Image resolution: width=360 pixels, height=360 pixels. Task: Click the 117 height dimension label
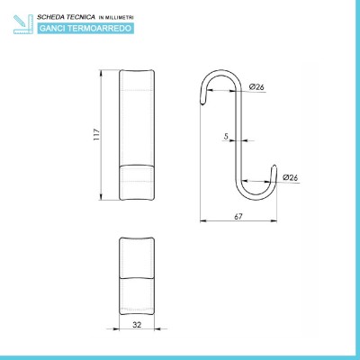[96, 135]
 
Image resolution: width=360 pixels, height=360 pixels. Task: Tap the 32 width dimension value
[137, 324]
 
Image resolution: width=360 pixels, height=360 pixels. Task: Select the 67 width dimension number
[238, 216]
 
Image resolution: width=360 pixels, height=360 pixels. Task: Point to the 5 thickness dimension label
[226, 136]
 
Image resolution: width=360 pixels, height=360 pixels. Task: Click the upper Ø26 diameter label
[256, 87]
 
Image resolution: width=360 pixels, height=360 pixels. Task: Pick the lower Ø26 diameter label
[291, 177]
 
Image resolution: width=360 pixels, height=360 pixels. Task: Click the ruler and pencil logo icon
[23, 24]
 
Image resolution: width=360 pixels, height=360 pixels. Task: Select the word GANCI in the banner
[53, 29]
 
